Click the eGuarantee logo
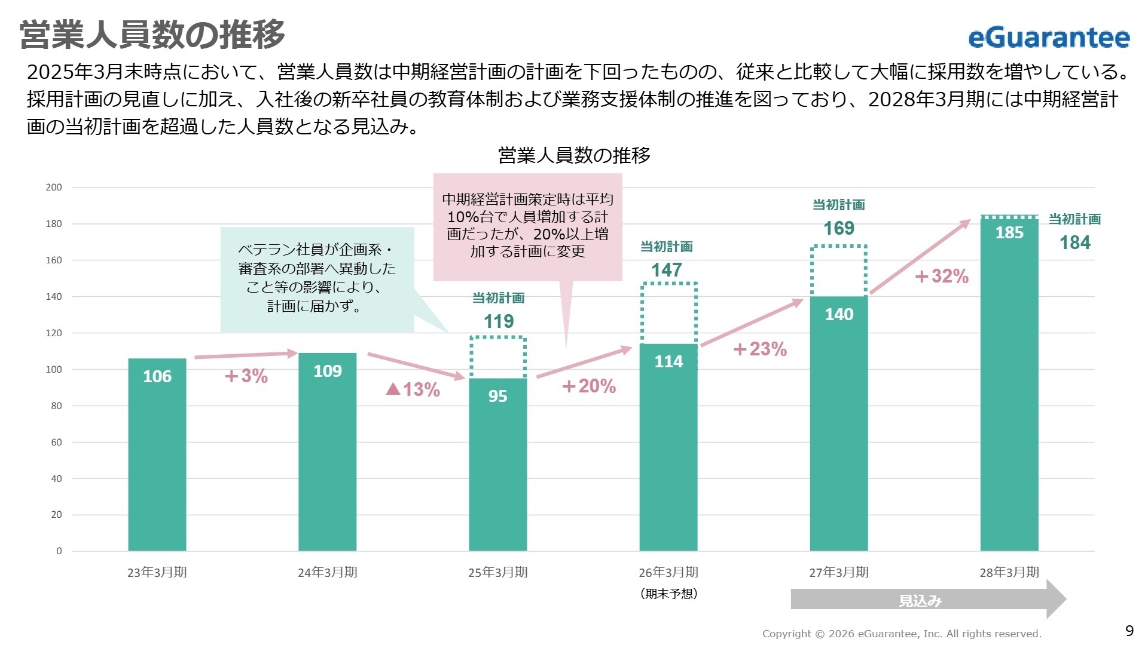tap(1049, 38)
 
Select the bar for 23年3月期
tap(157, 454)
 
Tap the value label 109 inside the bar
tap(328, 371)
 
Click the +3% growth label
tap(246, 376)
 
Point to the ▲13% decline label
tap(413, 389)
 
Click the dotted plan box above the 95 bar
tap(498, 357)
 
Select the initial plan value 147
tap(666, 270)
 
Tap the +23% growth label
tap(760, 349)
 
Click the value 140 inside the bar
tap(839, 314)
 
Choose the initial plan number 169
tap(839, 228)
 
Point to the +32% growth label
tap(942, 277)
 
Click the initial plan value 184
tap(1075, 242)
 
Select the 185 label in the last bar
tap(1009, 232)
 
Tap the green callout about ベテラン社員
tap(317, 278)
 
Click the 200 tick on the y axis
tap(54, 187)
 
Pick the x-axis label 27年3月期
tap(839, 572)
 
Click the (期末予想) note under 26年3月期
tap(668, 594)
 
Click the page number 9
tap(1129, 631)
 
